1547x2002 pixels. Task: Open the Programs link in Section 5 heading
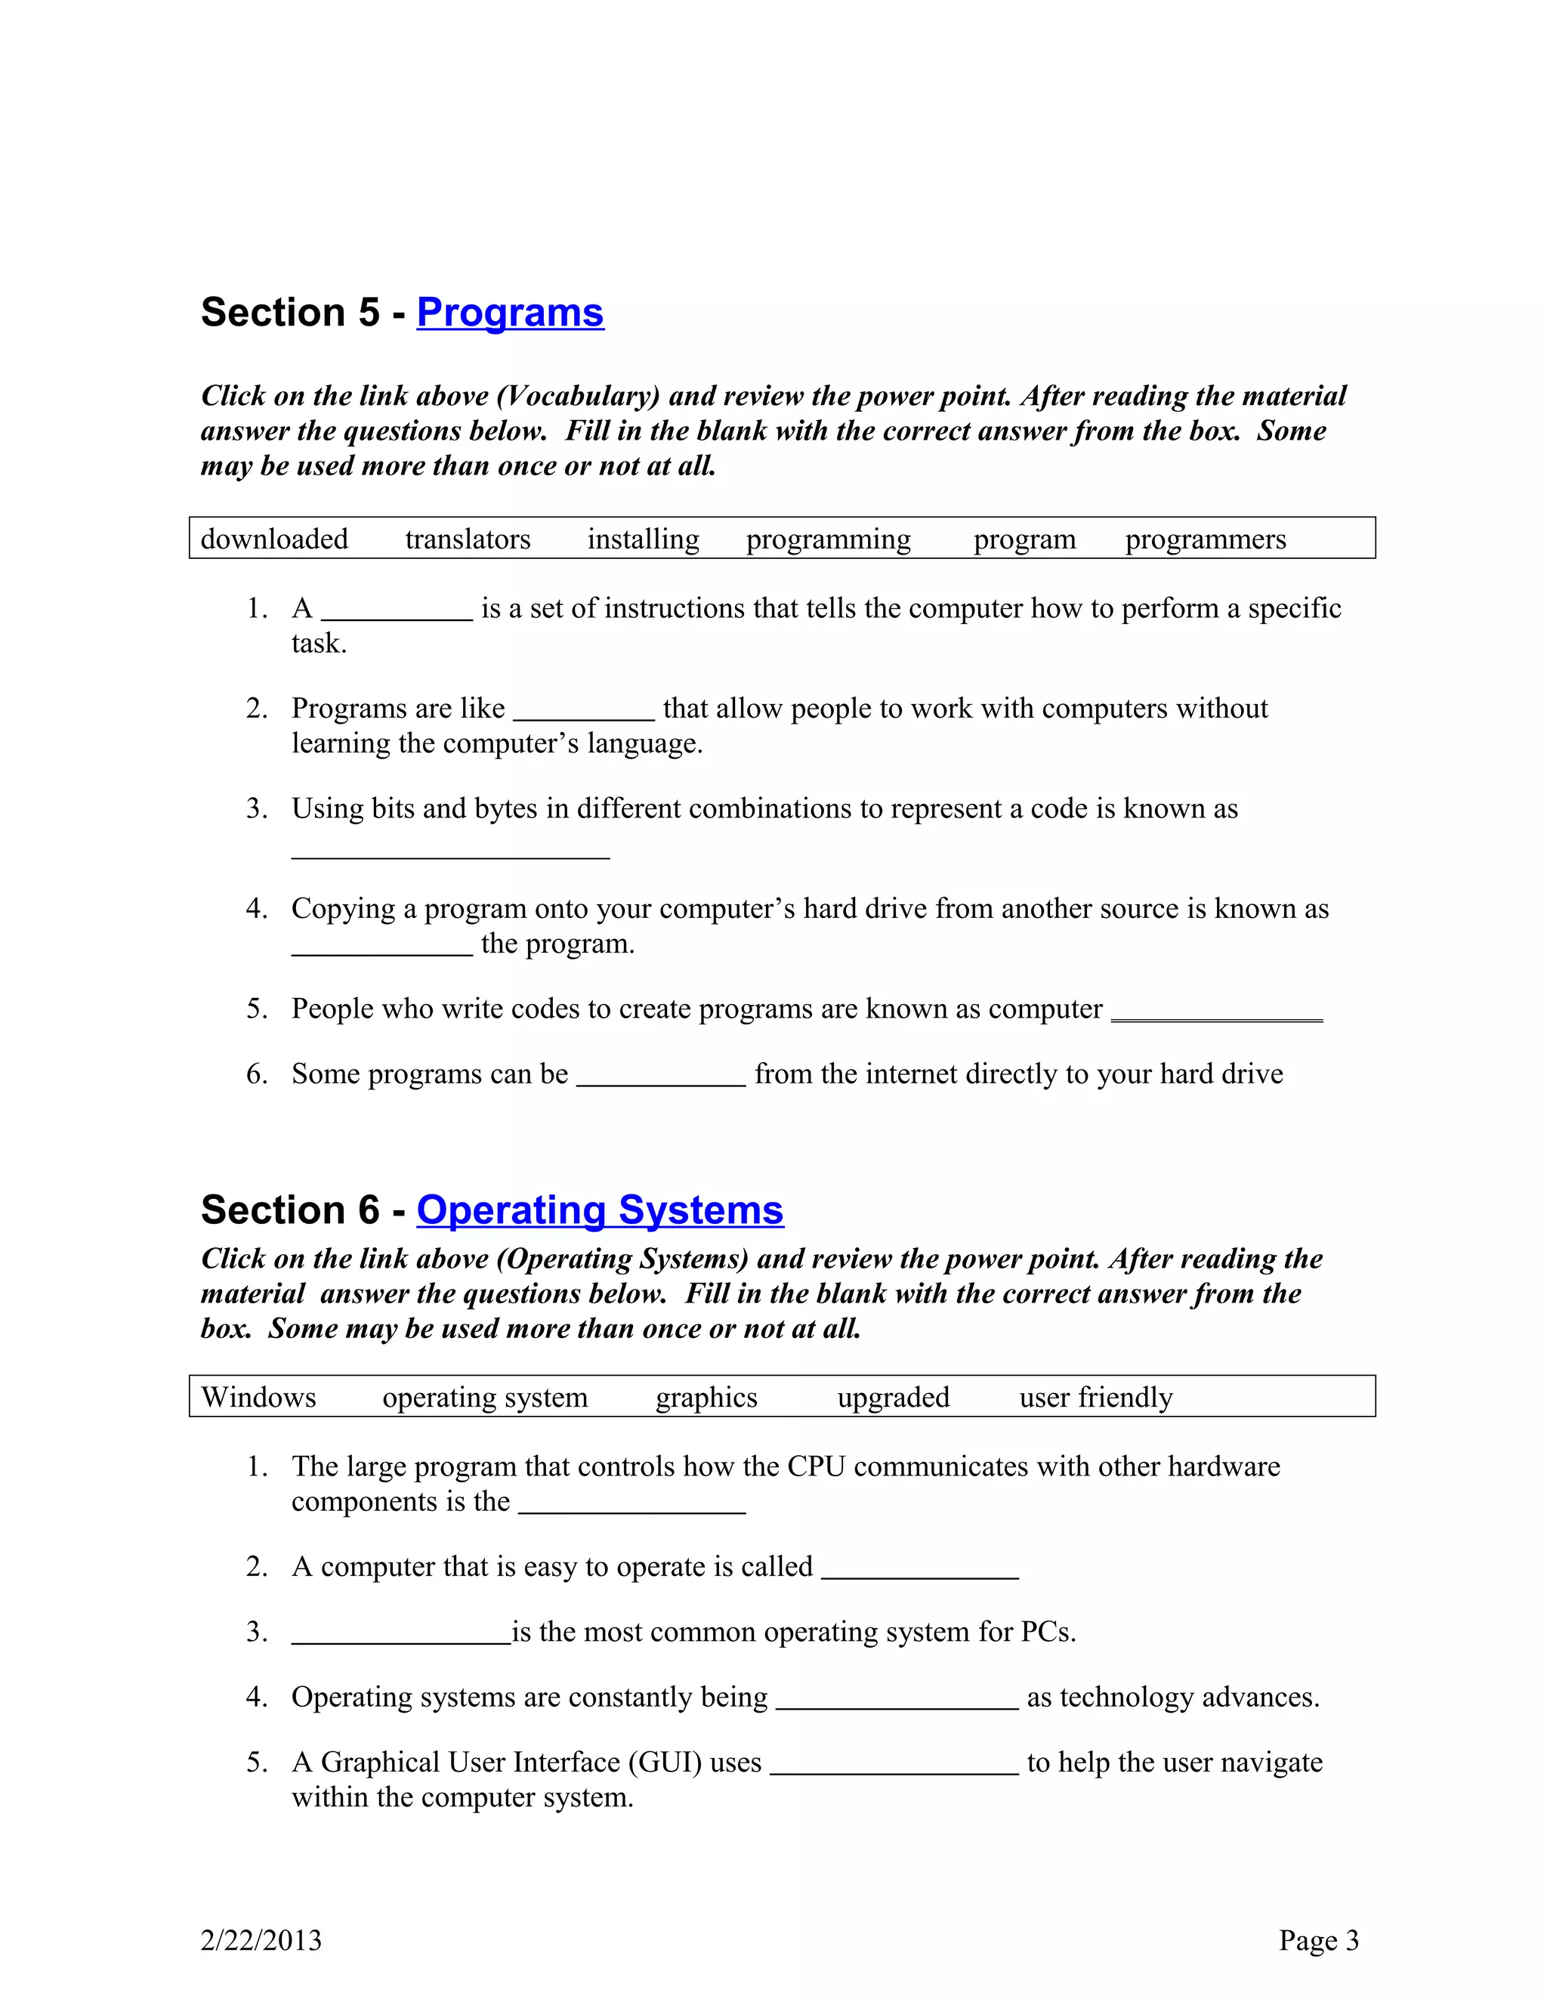[x=510, y=313]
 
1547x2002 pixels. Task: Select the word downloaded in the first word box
[x=274, y=539]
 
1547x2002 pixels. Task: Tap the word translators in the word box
[x=468, y=539]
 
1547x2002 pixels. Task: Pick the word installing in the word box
[x=643, y=539]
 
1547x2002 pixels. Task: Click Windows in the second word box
[x=258, y=1397]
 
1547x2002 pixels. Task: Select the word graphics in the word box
[x=706, y=1397]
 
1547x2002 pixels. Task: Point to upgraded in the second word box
[x=893, y=1397]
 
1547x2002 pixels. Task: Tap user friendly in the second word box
[x=1095, y=1397]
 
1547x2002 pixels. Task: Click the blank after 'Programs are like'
[x=584, y=712]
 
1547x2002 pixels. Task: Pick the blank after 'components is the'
[x=631, y=1504]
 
